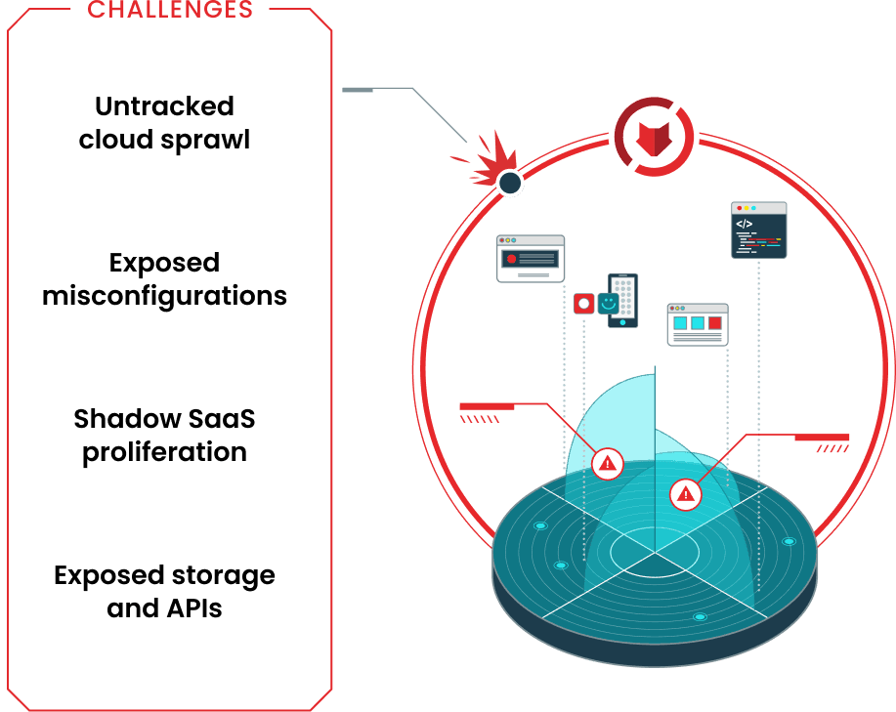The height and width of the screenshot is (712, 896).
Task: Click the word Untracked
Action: [x=164, y=105]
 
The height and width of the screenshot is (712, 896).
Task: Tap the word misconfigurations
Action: [x=164, y=295]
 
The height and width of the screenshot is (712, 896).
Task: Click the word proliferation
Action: [x=164, y=452]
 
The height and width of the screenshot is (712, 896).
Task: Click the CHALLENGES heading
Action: [x=170, y=10]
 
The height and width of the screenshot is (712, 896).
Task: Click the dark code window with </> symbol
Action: [x=758, y=230]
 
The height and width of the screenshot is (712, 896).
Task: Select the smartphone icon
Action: [x=623, y=300]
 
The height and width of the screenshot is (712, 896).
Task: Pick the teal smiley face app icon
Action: [x=609, y=304]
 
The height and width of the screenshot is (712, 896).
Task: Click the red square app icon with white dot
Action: [x=584, y=304]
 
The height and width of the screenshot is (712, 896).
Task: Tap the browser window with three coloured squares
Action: [x=698, y=324]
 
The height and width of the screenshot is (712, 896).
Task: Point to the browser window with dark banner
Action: [x=530, y=259]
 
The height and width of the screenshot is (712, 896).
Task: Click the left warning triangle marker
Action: [x=608, y=463]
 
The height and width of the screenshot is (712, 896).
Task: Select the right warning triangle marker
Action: [x=686, y=494]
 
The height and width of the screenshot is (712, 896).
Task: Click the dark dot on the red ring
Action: [x=509, y=183]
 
